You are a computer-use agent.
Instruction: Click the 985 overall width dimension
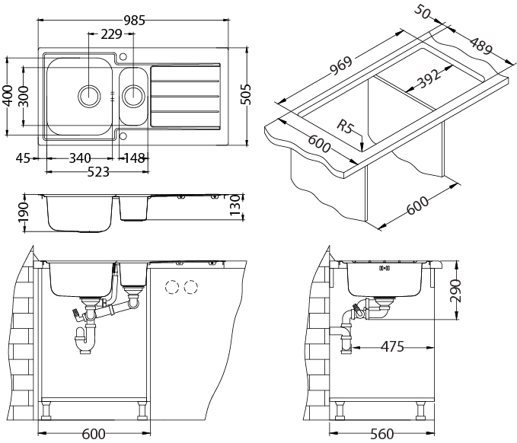click(134, 21)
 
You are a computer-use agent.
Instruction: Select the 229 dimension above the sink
click(111, 34)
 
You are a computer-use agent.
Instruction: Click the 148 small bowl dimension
click(135, 158)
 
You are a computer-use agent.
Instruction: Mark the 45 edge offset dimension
click(23, 158)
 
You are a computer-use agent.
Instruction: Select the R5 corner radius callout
click(346, 127)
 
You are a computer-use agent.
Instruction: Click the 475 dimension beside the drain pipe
click(391, 347)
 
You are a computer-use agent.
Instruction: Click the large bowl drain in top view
click(90, 95)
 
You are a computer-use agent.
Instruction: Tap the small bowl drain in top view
click(133, 95)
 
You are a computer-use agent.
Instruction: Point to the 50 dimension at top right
click(424, 13)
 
